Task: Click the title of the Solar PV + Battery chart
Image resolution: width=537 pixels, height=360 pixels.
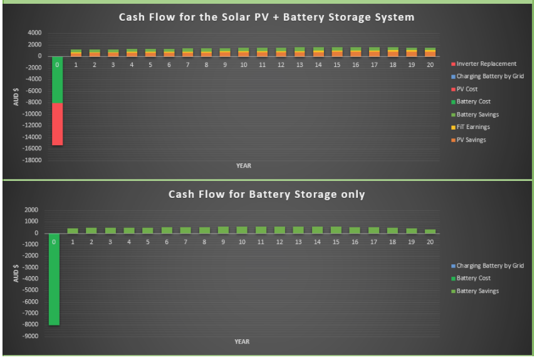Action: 266,17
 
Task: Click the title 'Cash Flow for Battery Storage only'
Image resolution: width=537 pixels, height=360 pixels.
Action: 266,194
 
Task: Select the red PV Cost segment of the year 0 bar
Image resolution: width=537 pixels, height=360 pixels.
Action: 57,124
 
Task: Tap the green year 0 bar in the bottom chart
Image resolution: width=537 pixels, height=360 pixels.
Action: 54,279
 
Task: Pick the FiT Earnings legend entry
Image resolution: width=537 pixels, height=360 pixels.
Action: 471,127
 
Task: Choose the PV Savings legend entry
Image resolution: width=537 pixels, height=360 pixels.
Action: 469,140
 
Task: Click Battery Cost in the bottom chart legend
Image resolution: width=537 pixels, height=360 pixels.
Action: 471,278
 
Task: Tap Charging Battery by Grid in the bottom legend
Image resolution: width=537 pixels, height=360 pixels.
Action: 487,265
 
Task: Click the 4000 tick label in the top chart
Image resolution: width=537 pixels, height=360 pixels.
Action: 34,33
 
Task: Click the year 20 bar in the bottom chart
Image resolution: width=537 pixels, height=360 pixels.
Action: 430,231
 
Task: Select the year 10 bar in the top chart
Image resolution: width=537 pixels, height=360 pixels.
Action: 244,52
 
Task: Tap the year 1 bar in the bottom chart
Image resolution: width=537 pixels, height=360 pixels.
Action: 73,231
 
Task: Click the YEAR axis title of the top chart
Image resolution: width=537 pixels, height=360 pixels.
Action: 244,166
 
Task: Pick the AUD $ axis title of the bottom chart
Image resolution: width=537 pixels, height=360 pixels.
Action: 16,273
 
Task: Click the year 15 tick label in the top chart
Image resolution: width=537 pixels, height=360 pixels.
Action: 337,64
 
